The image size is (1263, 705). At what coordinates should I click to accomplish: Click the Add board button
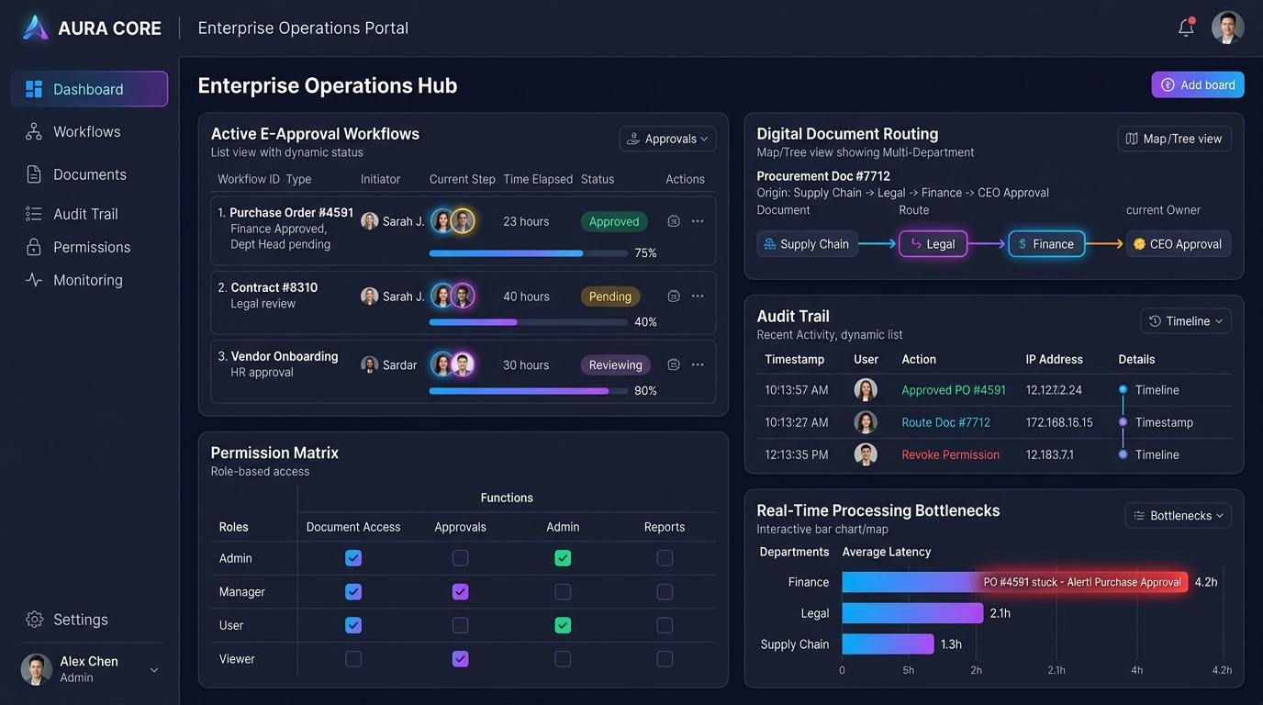pos(1198,84)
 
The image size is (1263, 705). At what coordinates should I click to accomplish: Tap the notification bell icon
pos(1186,27)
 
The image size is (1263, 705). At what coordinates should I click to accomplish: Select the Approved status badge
pos(614,221)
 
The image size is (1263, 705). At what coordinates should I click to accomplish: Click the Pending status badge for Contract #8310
pos(610,297)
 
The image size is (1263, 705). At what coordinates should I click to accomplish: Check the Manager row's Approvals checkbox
pos(460,592)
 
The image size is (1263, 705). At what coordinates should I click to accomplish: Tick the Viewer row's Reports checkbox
pos(665,659)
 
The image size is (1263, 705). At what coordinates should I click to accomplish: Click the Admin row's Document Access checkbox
pos(353,558)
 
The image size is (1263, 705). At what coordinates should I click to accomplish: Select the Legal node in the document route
pos(933,243)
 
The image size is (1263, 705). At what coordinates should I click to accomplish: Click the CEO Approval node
pos(1179,243)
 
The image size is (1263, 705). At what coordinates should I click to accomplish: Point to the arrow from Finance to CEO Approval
pos(1104,243)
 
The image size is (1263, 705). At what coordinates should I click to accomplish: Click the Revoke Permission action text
pos(950,454)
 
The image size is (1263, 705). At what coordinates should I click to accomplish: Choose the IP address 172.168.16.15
pos(1059,422)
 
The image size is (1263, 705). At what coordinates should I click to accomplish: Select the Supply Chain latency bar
pos(889,644)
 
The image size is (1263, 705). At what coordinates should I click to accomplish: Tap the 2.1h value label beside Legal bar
pos(1000,613)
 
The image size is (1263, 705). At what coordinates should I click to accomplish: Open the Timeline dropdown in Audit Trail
pos(1186,321)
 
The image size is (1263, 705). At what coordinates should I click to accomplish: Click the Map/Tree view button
pos(1175,139)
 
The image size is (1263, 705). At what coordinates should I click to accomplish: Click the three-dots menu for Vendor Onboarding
pos(698,364)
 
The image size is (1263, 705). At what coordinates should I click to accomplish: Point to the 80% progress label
pos(645,390)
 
